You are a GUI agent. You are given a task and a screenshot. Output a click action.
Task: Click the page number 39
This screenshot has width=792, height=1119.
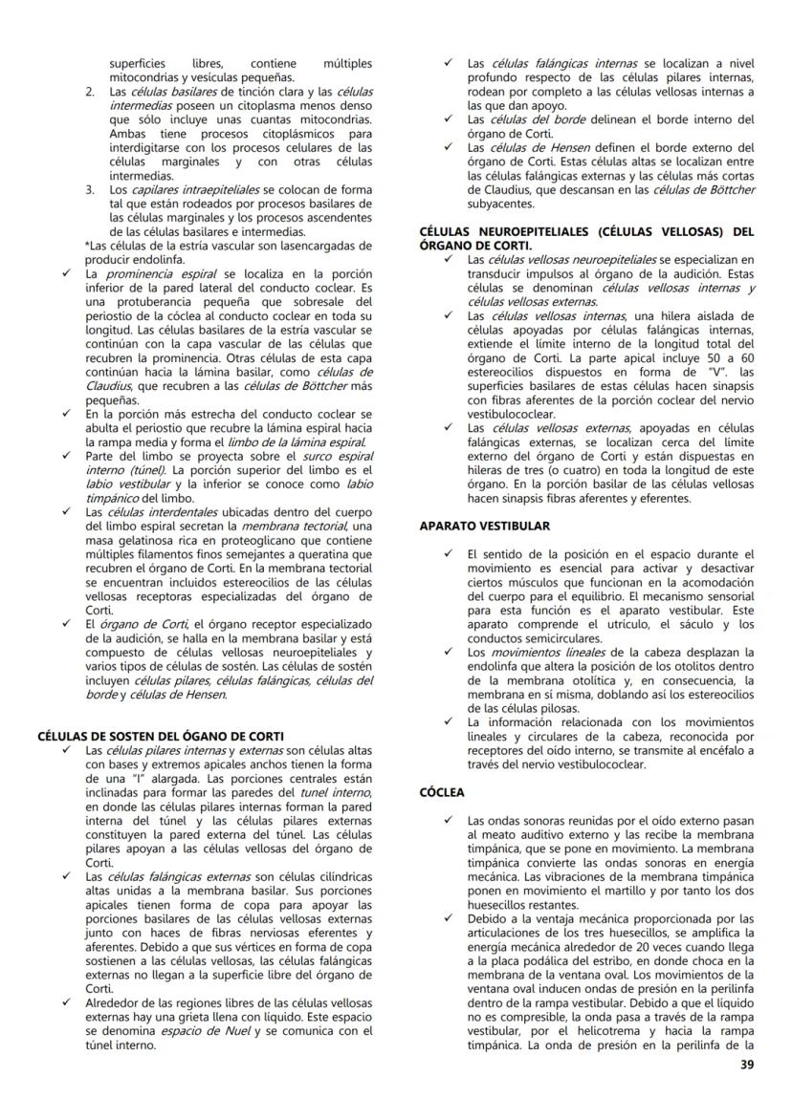coord(746,1066)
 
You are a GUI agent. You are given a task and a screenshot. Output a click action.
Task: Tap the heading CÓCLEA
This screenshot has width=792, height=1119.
coord(442,792)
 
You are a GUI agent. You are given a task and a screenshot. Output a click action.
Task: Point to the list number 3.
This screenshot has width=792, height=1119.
coord(90,189)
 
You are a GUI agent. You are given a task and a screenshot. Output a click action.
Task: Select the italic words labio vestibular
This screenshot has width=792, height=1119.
coord(120,484)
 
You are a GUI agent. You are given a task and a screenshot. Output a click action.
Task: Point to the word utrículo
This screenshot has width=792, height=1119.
coord(608,624)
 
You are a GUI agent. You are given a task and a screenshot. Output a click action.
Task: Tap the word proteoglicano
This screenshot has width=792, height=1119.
coord(245,539)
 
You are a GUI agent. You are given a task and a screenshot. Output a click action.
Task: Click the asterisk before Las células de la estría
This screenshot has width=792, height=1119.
coord(87,246)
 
